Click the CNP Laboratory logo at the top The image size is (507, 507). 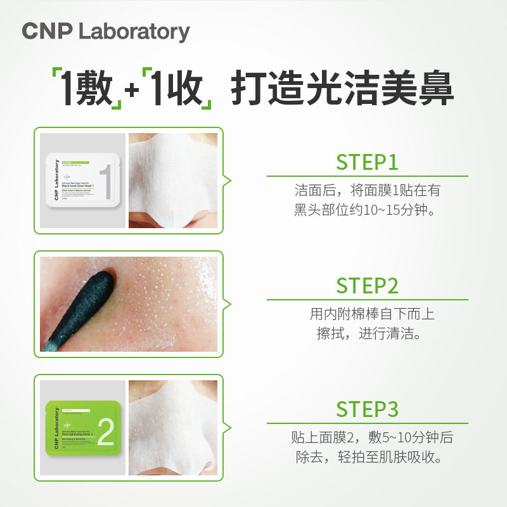point(105,32)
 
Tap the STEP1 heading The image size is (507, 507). point(367,162)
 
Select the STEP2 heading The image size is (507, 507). point(367,286)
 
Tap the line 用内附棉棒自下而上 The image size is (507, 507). point(372,314)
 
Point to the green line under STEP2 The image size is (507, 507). point(367,300)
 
